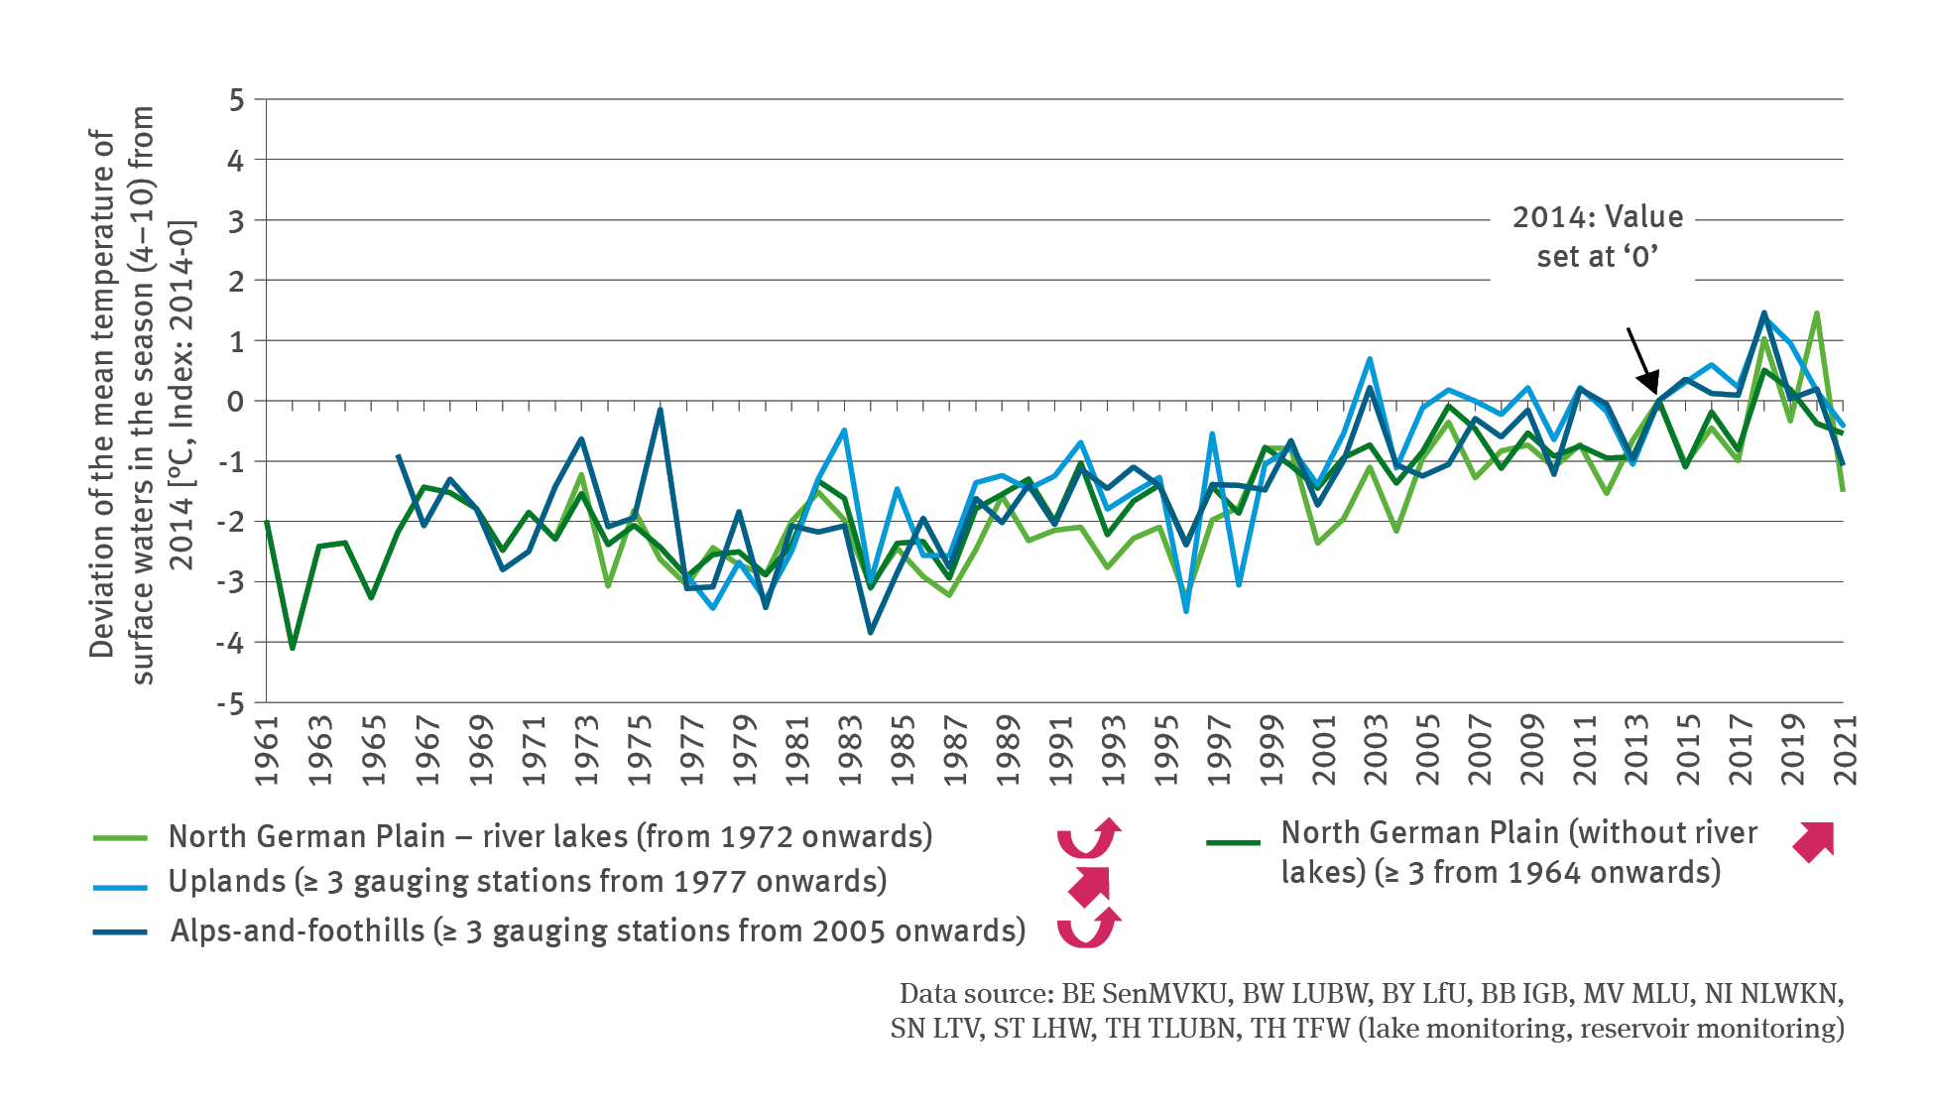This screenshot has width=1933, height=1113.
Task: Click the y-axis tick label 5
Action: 235,100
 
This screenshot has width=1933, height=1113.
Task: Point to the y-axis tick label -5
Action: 230,704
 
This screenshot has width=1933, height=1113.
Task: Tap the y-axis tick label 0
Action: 235,402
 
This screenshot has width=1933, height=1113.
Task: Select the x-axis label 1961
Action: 267,751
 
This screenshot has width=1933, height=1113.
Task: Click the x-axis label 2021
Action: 1845,751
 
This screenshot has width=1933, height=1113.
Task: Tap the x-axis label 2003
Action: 1375,751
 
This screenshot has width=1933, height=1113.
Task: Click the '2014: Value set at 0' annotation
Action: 1597,236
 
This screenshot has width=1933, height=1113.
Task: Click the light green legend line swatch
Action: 120,838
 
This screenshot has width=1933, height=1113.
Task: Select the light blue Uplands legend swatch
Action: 120,886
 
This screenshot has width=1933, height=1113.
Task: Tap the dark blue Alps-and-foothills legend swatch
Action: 120,932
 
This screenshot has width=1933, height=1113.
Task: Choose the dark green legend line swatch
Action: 1233,843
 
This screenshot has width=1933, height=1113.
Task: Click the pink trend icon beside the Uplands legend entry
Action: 1089,886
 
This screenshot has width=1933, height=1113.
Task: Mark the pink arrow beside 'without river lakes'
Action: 1814,841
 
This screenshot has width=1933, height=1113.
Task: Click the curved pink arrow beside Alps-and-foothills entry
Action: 1089,928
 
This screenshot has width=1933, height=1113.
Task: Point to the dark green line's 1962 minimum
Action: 293,648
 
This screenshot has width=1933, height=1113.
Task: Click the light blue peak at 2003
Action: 1370,359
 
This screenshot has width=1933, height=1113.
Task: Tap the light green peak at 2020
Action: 1817,313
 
